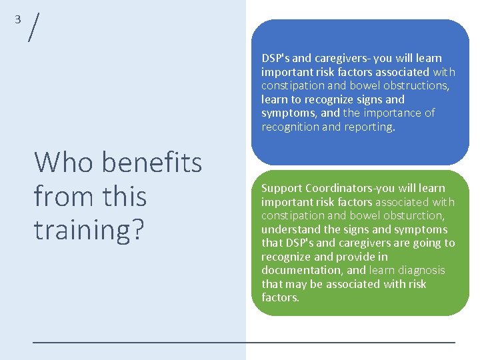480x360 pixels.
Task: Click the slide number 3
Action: click(18, 19)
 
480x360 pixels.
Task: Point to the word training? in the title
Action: click(89, 229)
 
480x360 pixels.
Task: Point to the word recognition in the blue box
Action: click(290, 127)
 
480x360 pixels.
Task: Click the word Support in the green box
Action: click(281, 189)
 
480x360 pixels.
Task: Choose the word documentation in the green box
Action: click(303, 271)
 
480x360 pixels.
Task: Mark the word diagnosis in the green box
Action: click(421, 271)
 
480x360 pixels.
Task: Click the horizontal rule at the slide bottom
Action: click(244, 342)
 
